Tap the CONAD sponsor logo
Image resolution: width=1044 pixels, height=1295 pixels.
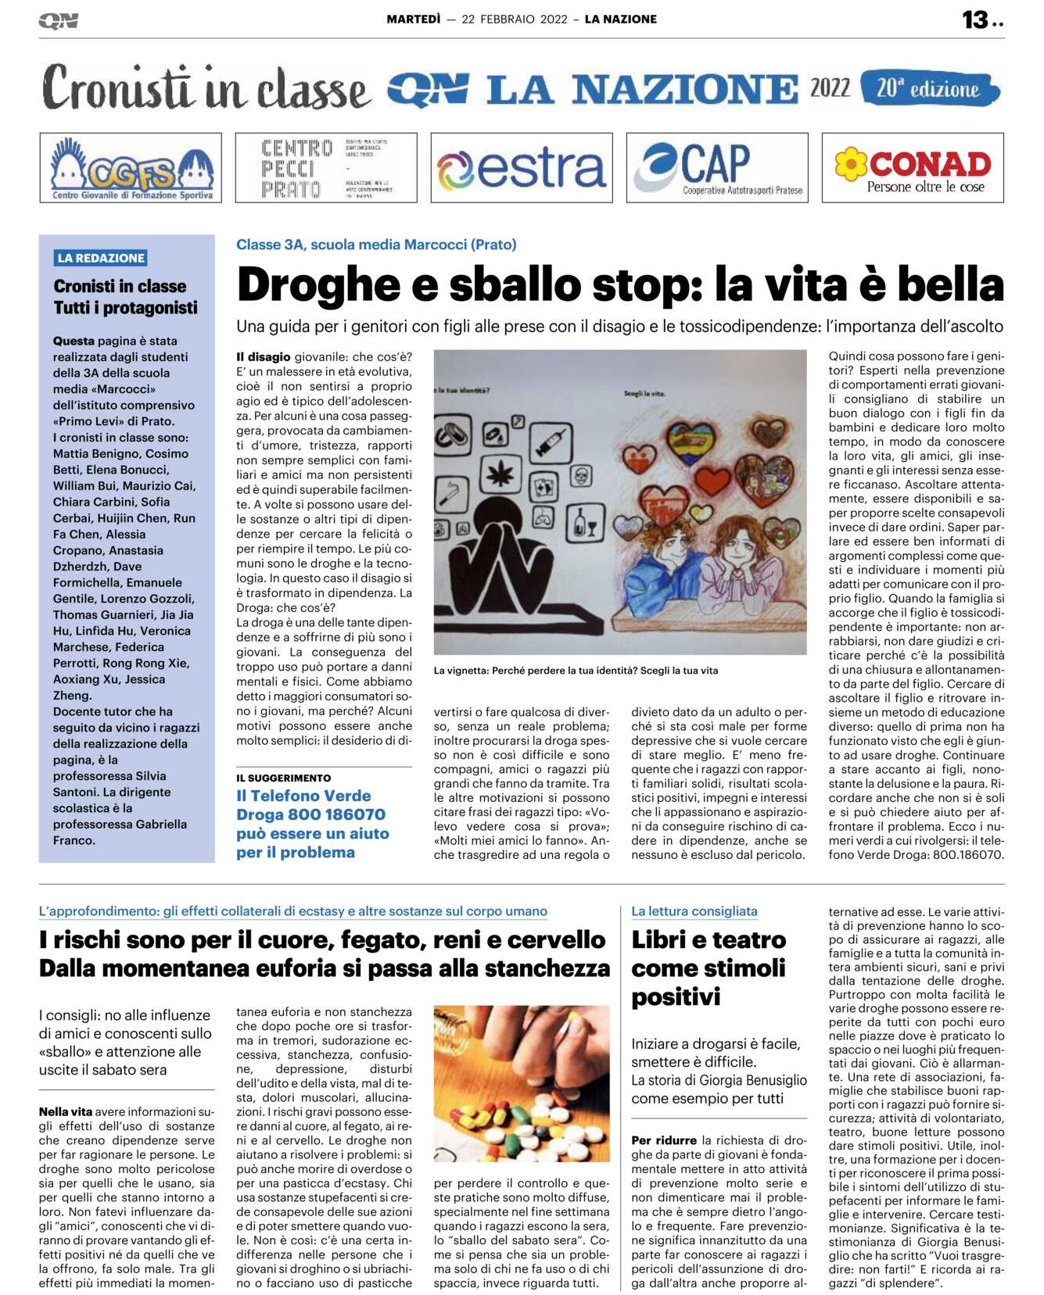tap(913, 168)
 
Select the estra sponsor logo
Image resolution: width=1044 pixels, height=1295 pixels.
tap(522, 168)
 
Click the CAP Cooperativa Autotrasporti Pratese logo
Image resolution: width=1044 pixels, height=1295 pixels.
tap(717, 168)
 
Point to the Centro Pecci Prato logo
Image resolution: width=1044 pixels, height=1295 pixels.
tap(326, 168)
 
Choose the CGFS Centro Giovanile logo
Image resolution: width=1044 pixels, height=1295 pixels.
tap(131, 168)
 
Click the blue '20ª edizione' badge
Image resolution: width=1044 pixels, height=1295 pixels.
tap(929, 88)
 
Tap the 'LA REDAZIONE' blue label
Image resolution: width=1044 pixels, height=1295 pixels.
tap(101, 258)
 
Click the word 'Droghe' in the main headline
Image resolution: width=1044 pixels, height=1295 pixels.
tap(319, 285)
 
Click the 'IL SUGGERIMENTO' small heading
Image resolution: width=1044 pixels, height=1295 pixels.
tap(284, 778)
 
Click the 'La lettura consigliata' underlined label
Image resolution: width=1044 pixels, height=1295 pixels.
tap(694, 911)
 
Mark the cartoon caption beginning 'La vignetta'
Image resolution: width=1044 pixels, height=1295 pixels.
tap(576, 671)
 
